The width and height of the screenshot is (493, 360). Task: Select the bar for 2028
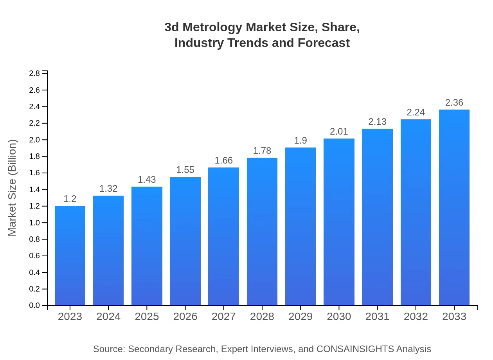pos(262,232)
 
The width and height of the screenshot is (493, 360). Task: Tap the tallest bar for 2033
pos(454,207)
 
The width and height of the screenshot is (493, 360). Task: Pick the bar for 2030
pos(339,222)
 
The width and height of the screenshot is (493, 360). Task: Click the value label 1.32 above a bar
pos(108,189)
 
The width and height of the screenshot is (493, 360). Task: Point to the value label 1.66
pos(224,160)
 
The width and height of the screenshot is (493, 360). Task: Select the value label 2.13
pos(377,122)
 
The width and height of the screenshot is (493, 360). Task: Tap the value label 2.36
pos(454,103)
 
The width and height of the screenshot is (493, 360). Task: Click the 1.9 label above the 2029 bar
pos(300,140)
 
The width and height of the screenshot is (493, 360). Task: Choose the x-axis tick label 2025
pos(147,317)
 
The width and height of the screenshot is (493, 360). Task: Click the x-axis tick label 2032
pos(416,317)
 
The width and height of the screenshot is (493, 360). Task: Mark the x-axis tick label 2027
pos(224,317)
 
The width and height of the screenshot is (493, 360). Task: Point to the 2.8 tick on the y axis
pos(34,74)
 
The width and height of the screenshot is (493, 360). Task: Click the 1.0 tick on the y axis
pos(34,223)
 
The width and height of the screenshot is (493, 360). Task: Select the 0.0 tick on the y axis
pos(34,306)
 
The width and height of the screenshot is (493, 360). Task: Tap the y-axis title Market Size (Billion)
pos(13,188)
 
